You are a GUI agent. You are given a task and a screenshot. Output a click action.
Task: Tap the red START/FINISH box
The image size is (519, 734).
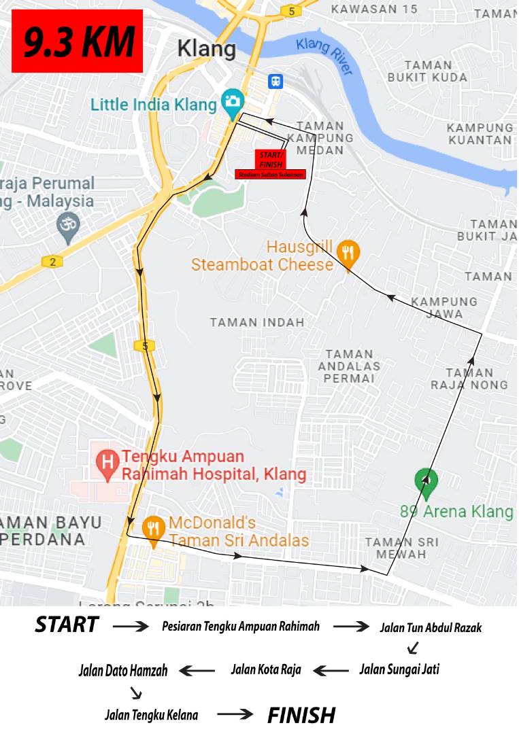(271, 160)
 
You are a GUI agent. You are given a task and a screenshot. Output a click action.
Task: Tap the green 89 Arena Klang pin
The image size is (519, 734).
(426, 480)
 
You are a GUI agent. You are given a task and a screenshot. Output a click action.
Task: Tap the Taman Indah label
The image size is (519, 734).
(257, 322)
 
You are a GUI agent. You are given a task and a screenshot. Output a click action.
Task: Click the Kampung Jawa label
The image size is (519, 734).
(444, 307)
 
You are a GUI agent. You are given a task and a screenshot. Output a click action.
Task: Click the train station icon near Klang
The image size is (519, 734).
(275, 81)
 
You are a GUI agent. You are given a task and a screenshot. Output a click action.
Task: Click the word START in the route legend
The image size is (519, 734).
(67, 625)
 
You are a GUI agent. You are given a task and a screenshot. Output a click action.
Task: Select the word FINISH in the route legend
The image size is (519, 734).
(301, 715)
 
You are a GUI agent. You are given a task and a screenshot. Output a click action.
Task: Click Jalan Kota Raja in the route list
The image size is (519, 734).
(266, 669)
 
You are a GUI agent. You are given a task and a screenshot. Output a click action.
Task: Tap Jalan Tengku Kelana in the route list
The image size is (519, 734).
(152, 715)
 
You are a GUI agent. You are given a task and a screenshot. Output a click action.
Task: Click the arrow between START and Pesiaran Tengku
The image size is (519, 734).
(130, 626)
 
